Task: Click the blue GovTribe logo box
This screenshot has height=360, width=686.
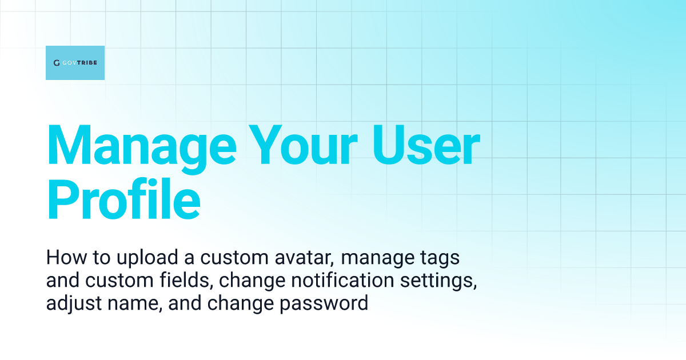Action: (75, 63)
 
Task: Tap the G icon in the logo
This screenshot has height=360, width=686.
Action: (57, 63)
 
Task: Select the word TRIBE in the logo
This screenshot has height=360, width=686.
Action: (87, 63)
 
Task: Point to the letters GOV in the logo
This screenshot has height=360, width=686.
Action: (69, 63)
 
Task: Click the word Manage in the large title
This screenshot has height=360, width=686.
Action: (142, 149)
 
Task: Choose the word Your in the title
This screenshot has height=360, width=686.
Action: (303, 145)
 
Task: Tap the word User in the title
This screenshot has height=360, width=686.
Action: (426, 145)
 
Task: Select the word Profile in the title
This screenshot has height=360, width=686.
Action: (123, 198)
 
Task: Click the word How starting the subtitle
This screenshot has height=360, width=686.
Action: (66, 257)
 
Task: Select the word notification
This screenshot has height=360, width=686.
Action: (342, 281)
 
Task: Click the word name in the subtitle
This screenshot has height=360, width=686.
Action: (135, 304)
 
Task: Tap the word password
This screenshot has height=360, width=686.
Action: (324, 304)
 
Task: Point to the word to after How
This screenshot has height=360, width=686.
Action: (101, 258)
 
